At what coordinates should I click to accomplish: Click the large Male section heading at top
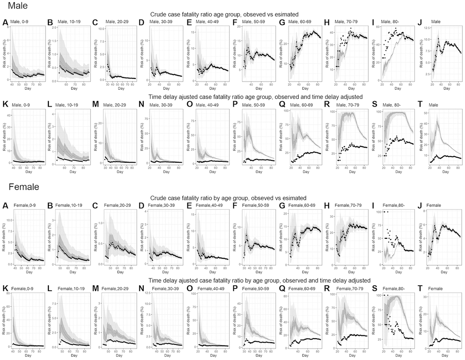coord(15,5)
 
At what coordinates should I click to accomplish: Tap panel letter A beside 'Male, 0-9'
coord(5,22)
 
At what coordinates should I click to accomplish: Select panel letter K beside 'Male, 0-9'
coord(5,104)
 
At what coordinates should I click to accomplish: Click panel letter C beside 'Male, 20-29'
coord(95,22)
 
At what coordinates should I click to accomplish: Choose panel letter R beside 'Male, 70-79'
coord(327,104)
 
